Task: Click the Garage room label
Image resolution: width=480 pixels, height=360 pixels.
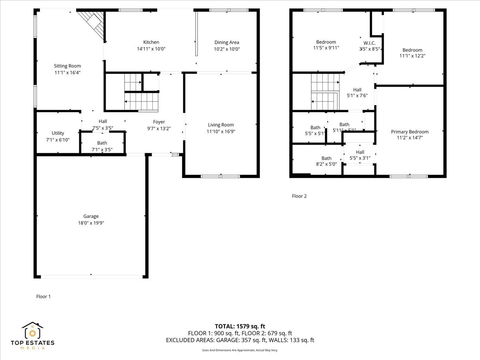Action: [x=91, y=216]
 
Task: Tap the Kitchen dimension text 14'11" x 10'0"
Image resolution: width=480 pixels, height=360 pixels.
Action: [x=151, y=49]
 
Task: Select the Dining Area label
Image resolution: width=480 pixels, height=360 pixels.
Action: [x=226, y=42]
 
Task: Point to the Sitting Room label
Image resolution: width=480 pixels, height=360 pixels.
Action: [x=68, y=66]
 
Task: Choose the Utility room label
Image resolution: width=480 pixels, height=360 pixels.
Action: [x=58, y=133]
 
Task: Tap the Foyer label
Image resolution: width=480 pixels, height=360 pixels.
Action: [x=159, y=122]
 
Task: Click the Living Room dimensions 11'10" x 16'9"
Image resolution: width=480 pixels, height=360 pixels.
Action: [x=220, y=132]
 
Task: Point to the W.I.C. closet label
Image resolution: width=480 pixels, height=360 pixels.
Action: [x=369, y=43]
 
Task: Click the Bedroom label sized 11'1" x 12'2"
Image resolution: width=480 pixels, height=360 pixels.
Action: [x=412, y=50]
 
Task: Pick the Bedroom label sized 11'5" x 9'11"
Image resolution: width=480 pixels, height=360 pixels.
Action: [x=326, y=42]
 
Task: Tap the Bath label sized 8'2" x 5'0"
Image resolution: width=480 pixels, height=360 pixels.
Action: [x=326, y=158]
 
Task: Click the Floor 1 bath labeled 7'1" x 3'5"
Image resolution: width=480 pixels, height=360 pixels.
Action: [x=102, y=143]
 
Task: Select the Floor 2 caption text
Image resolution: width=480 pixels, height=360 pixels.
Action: [x=299, y=196]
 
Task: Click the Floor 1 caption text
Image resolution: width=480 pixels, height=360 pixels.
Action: [x=44, y=296]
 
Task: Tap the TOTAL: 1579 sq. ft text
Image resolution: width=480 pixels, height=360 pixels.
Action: [x=240, y=326]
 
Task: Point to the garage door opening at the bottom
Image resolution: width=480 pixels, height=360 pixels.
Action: [x=91, y=276]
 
